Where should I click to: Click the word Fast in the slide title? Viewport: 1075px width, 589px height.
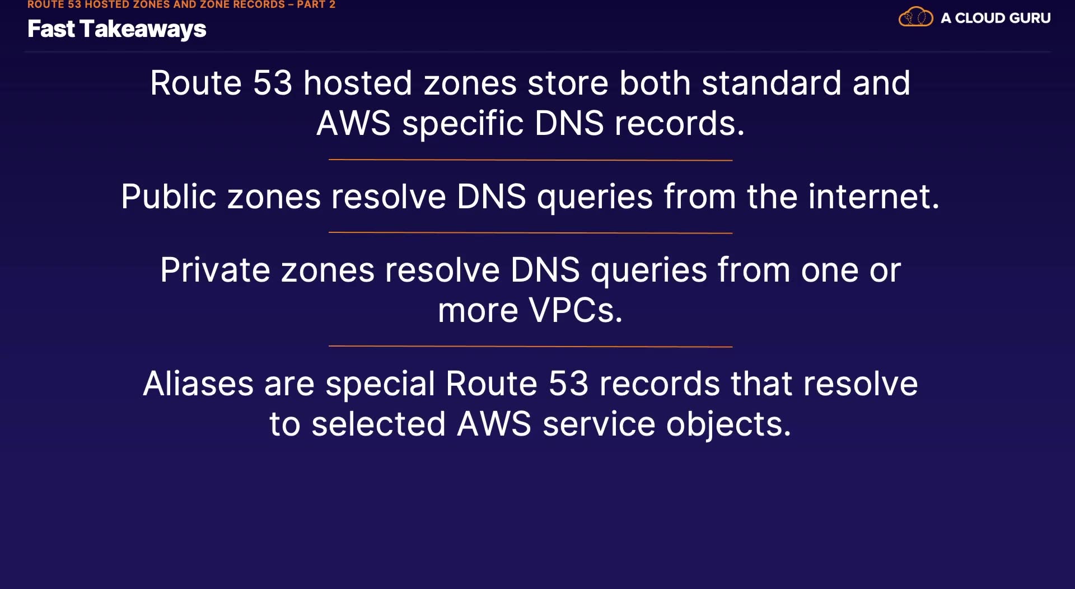pyautogui.click(x=50, y=29)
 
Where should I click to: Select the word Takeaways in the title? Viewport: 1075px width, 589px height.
pyautogui.click(x=143, y=29)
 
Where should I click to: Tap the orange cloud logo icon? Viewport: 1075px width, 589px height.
pyautogui.click(x=915, y=17)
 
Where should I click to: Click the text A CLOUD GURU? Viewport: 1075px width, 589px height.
pyautogui.click(x=995, y=18)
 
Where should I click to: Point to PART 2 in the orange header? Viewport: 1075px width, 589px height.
pyautogui.click(x=316, y=4)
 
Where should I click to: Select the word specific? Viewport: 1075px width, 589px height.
pyautogui.click(x=462, y=124)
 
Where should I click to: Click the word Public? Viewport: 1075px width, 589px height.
pyautogui.click(x=169, y=197)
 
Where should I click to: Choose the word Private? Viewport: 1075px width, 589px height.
pyautogui.click(x=215, y=270)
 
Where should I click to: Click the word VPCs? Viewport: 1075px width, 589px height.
pyautogui.click(x=576, y=311)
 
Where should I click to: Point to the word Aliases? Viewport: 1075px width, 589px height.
pyautogui.click(x=198, y=384)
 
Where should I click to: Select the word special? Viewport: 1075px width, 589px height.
pyautogui.click(x=380, y=384)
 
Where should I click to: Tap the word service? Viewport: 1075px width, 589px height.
pyautogui.click(x=599, y=424)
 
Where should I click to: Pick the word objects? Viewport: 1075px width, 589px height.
pyautogui.click(x=728, y=424)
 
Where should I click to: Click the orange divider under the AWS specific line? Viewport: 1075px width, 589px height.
pyautogui.click(x=530, y=160)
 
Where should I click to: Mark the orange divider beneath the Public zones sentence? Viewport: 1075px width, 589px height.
pyautogui.click(x=530, y=233)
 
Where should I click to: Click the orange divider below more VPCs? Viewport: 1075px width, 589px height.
pyautogui.click(x=530, y=347)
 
